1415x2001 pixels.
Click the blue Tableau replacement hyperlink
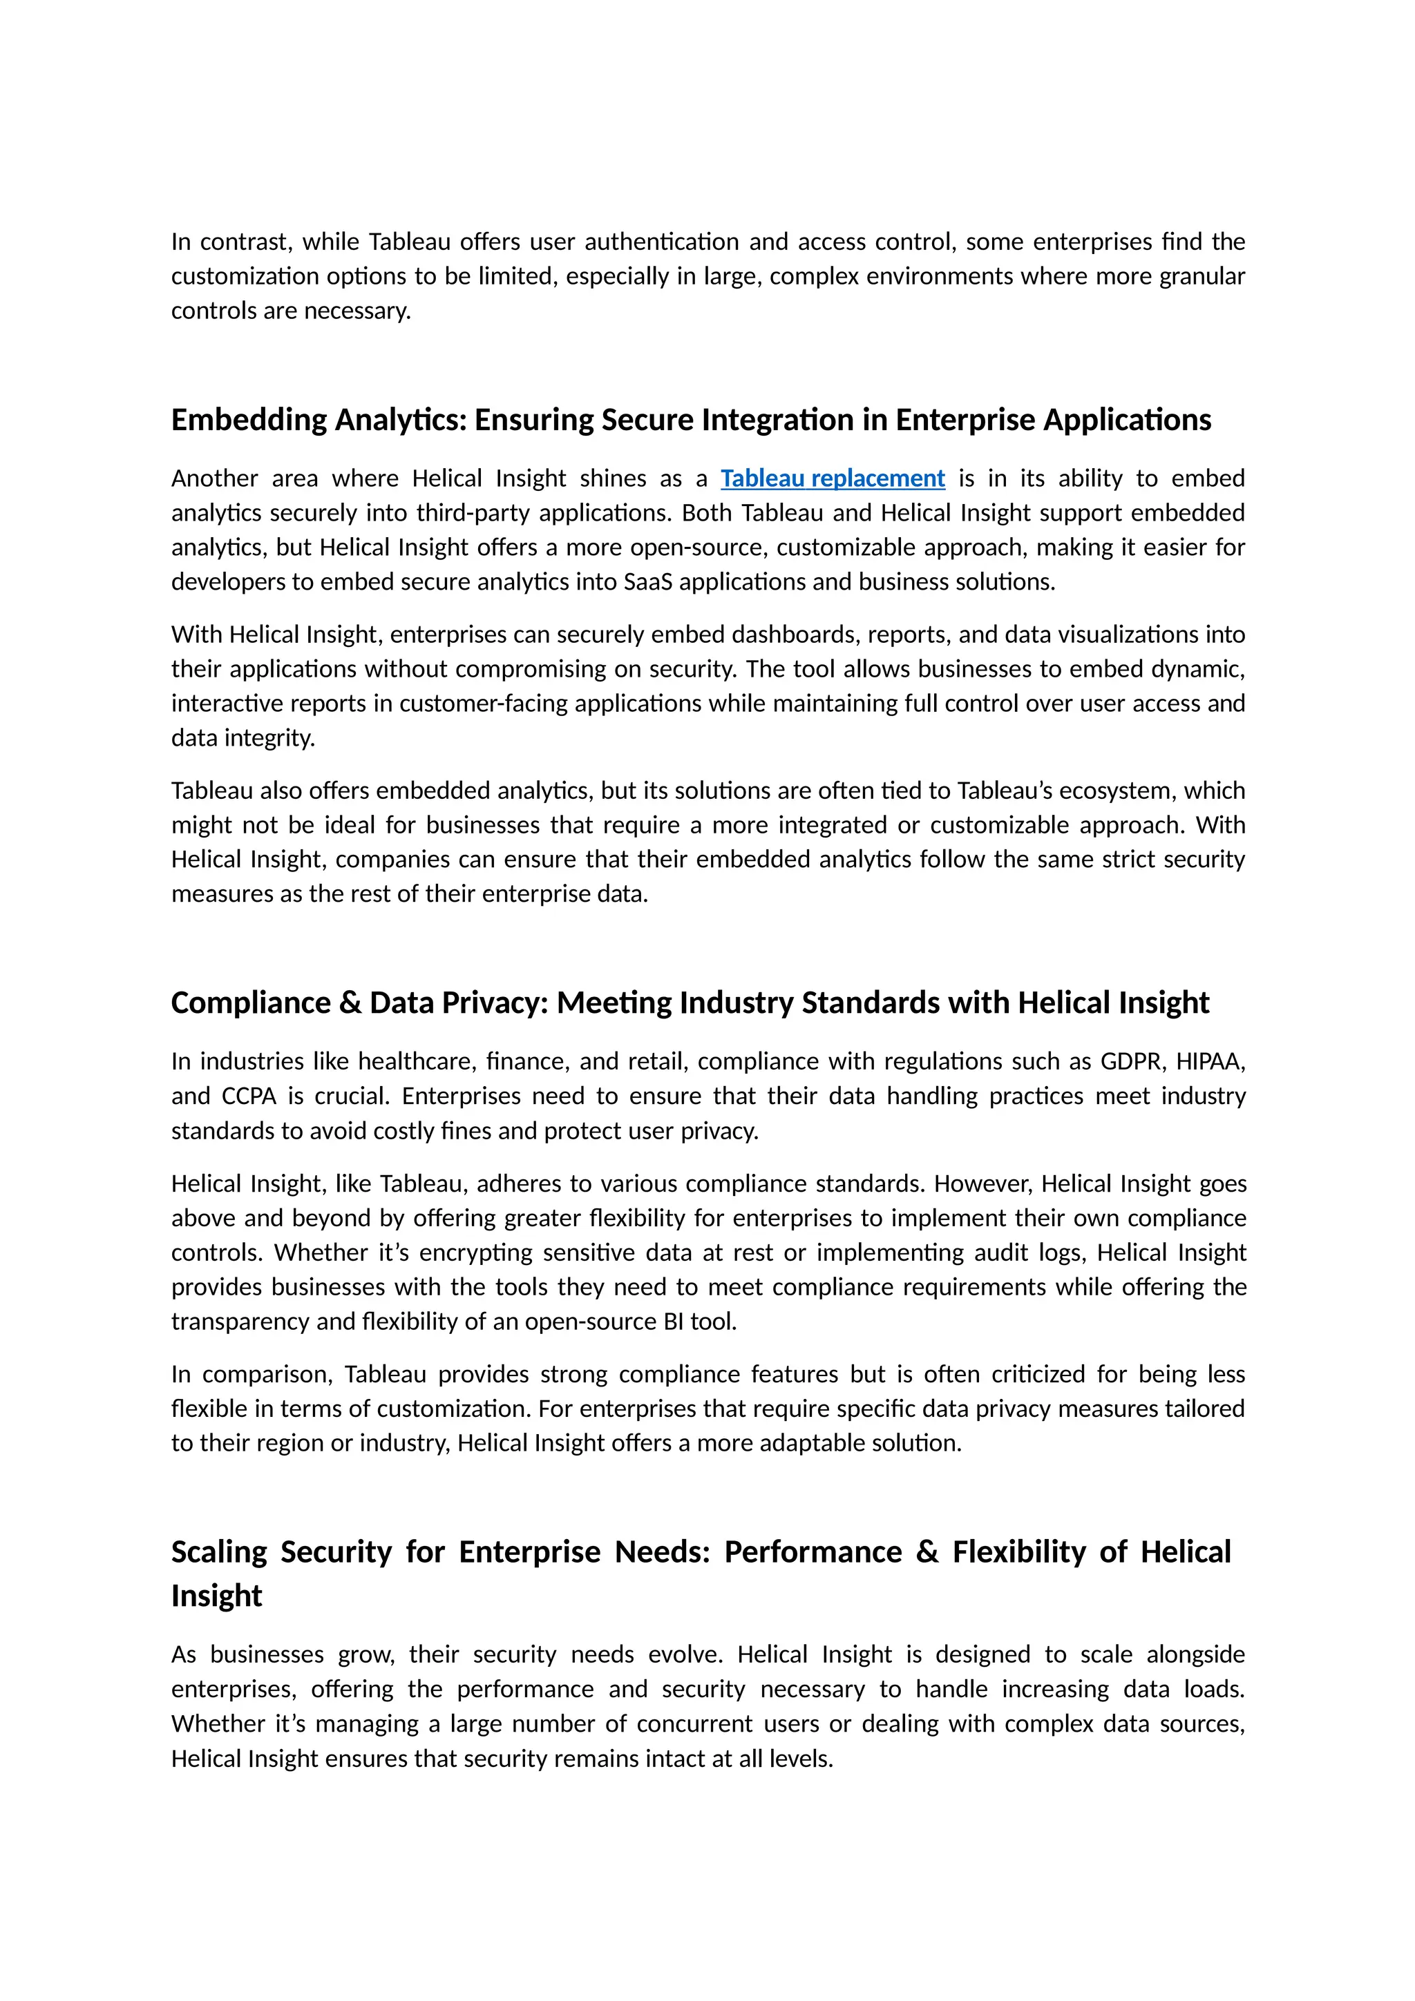[832, 478]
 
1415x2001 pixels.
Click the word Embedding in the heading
[249, 420]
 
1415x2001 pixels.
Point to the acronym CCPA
[249, 1096]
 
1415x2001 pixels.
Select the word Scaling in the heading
[220, 1552]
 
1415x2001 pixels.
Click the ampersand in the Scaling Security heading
[927, 1552]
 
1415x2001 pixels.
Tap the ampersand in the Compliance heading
[350, 1003]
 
